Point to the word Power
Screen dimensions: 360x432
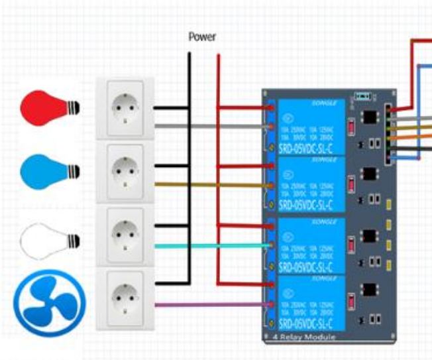[202, 37]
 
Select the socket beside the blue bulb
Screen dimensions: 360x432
[125, 171]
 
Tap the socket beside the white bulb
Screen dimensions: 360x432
[125, 233]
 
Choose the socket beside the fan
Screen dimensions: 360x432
[125, 296]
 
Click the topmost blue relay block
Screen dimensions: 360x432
[311, 126]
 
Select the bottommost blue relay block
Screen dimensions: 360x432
[311, 305]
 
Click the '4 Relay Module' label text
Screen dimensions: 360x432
[304, 337]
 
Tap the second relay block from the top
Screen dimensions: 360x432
[311, 185]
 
